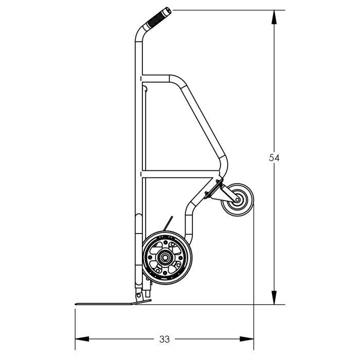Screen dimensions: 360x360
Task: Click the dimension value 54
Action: coord(274,158)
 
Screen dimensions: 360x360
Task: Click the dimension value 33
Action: coord(165,339)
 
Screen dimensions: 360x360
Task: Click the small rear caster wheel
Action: coord(238,200)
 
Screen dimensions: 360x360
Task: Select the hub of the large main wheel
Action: coord(165,257)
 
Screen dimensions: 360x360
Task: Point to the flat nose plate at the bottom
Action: coord(113,303)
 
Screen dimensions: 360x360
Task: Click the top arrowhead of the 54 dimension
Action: coord(274,17)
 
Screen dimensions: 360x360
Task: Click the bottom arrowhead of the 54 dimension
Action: coord(274,298)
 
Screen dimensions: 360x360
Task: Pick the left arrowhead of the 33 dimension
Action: coord(82,339)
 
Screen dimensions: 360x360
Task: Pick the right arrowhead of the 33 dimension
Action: coord(246,339)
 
